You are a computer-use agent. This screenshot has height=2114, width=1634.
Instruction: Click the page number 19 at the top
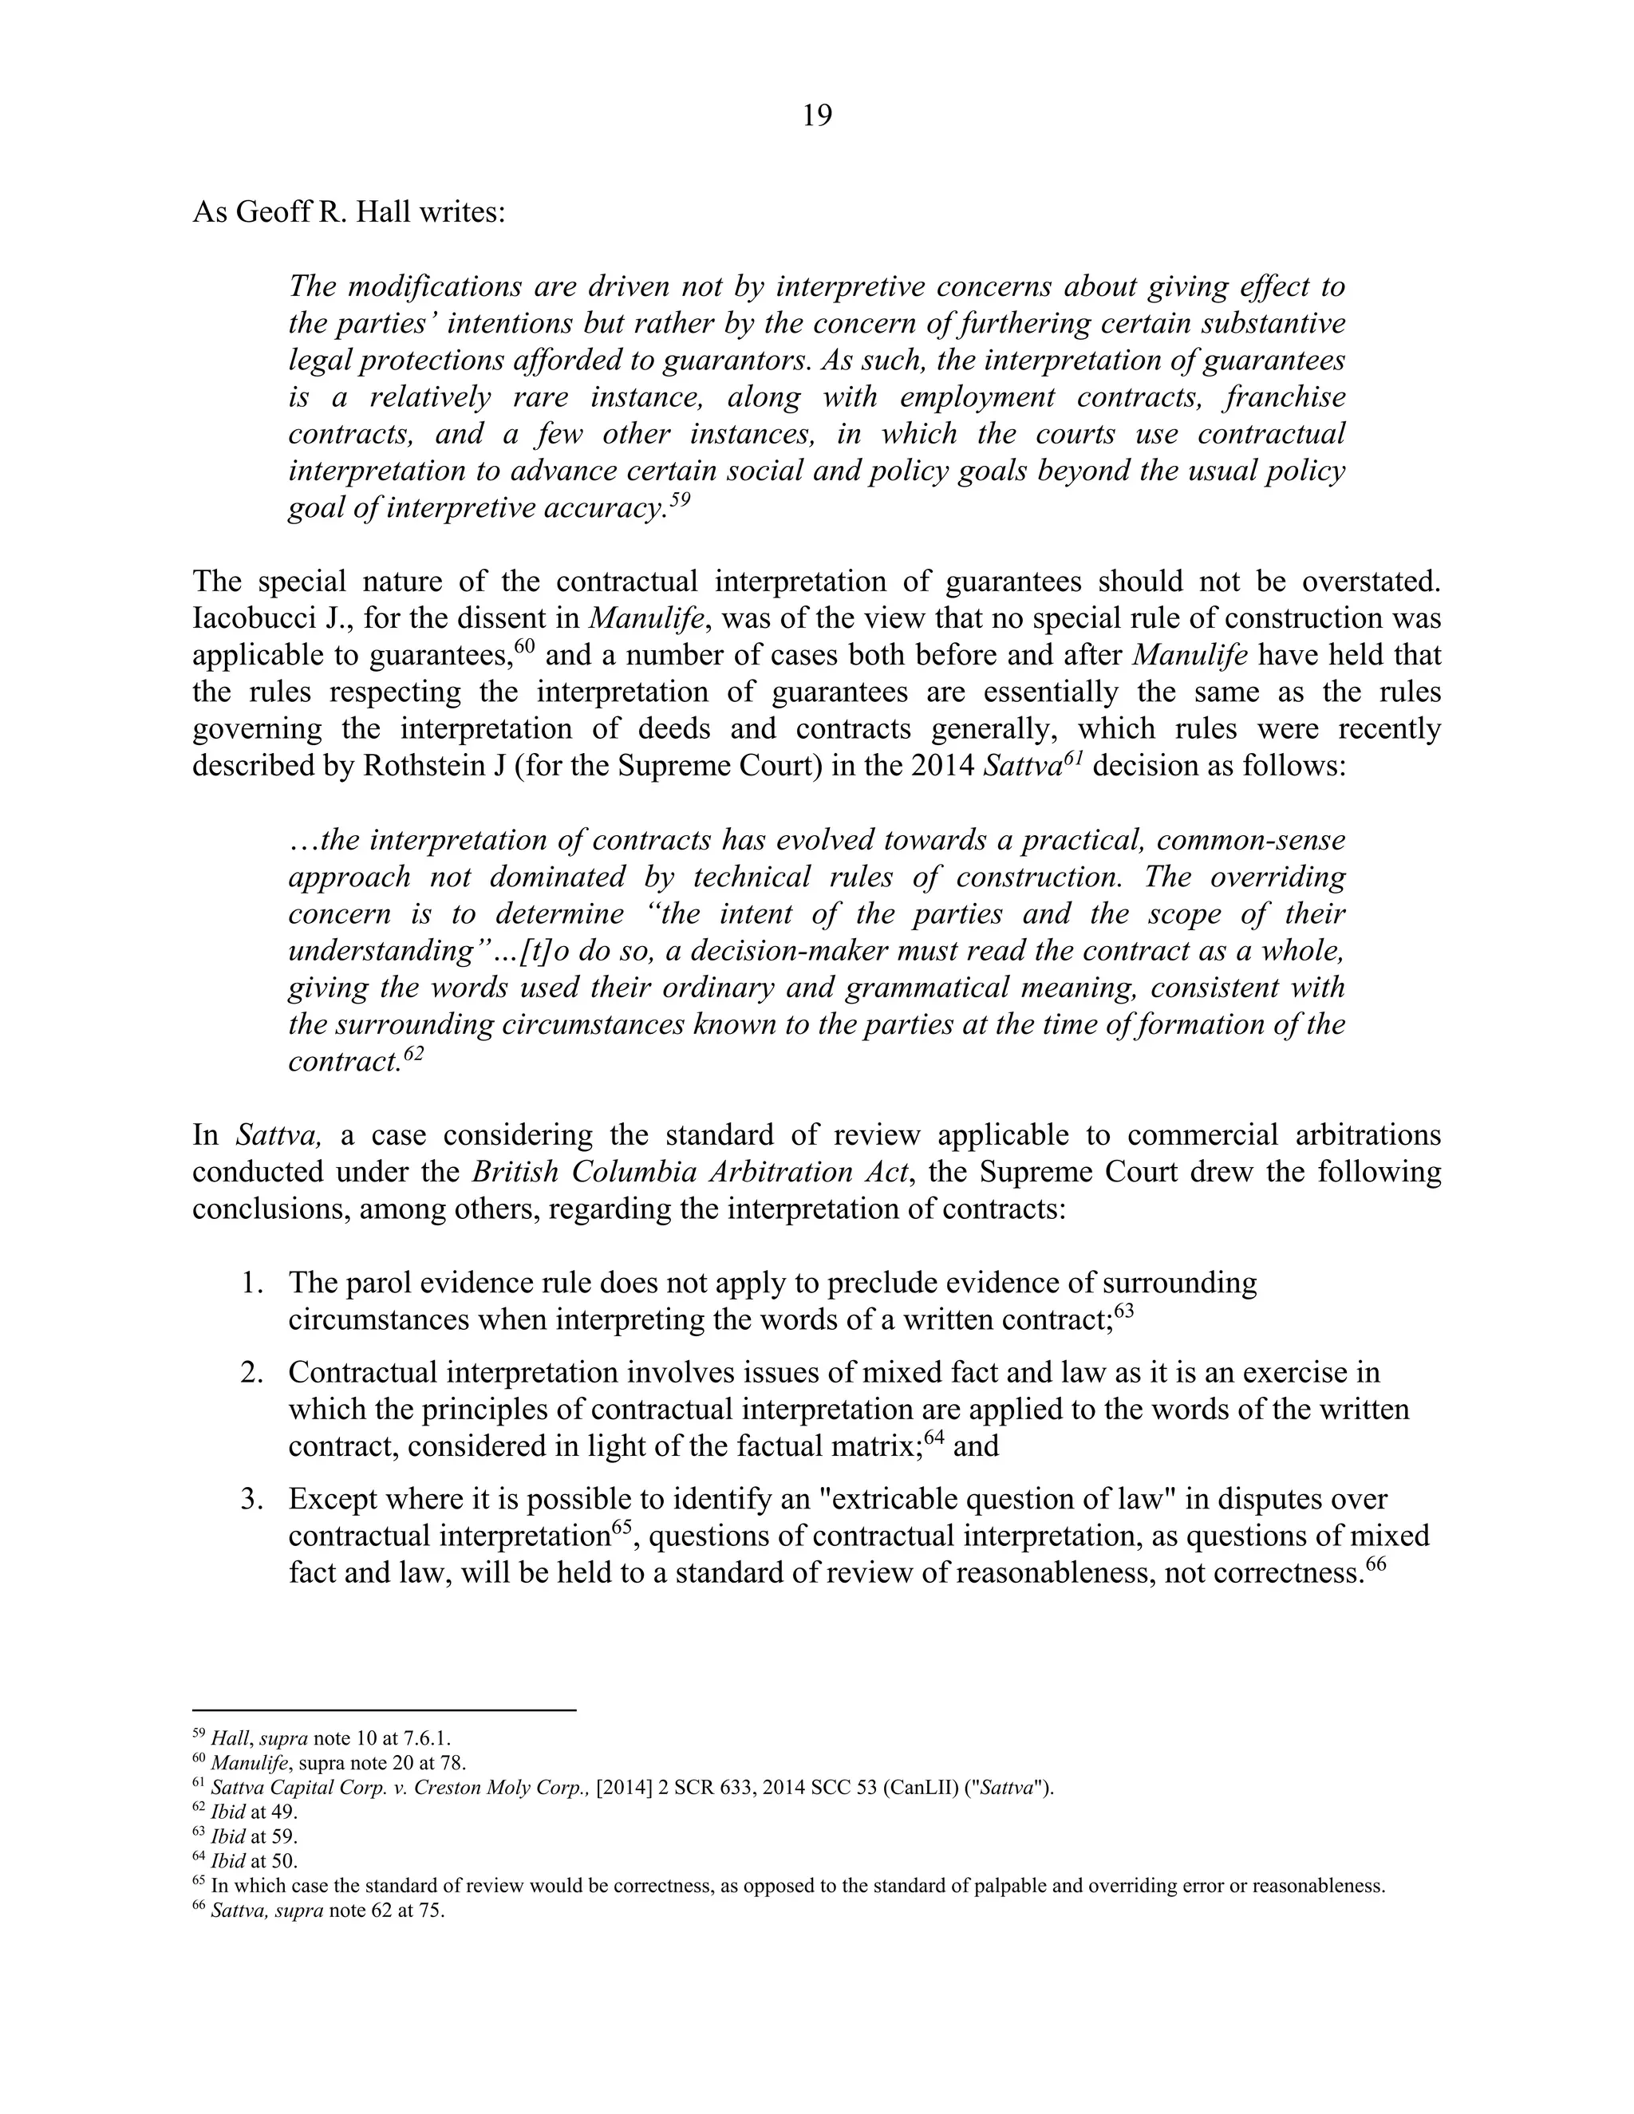816,116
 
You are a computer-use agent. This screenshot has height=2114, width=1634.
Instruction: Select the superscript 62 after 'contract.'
414,1052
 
